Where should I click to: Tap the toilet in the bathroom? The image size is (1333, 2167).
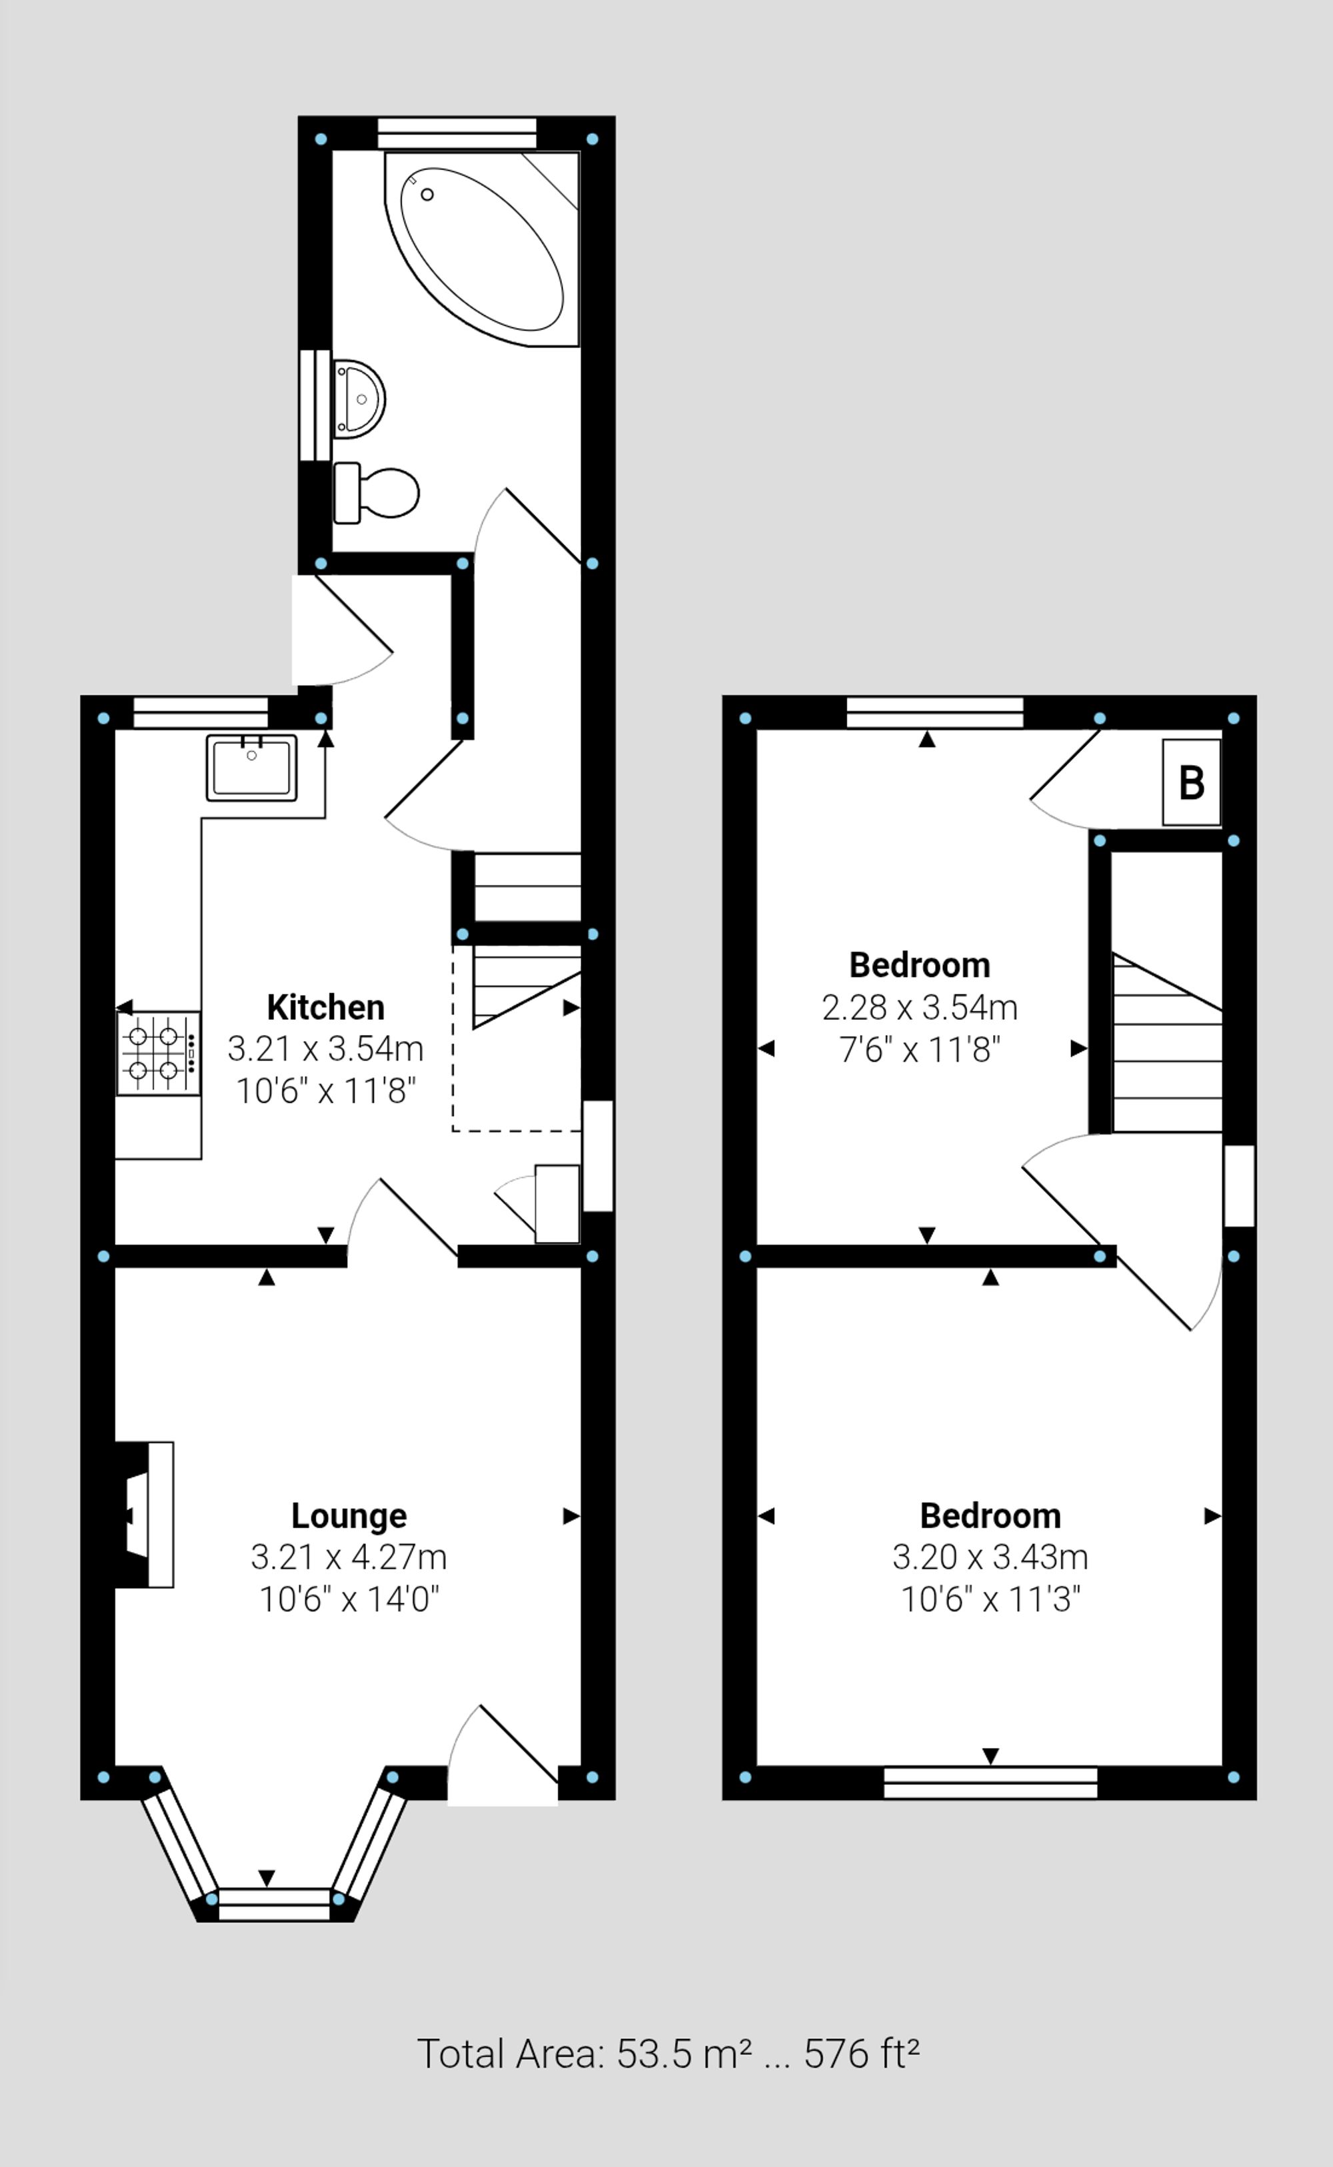tap(379, 493)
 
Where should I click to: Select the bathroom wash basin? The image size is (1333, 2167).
tap(360, 399)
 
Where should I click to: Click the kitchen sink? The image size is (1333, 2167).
tap(251, 766)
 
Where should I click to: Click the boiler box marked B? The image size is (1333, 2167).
tap(1191, 782)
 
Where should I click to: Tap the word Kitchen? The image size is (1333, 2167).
tap(325, 1006)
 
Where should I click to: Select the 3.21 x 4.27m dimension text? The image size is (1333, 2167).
tap(349, 1557)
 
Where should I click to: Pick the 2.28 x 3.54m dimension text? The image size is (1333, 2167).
tap(920, 1007)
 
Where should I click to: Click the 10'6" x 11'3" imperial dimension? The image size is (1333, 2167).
tap(990, 1599)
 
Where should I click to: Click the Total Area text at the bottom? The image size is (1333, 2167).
tap(667, 2054)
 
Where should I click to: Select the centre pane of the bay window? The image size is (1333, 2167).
tap(273, 1904)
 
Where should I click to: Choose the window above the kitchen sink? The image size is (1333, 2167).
tap(200, 712)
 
